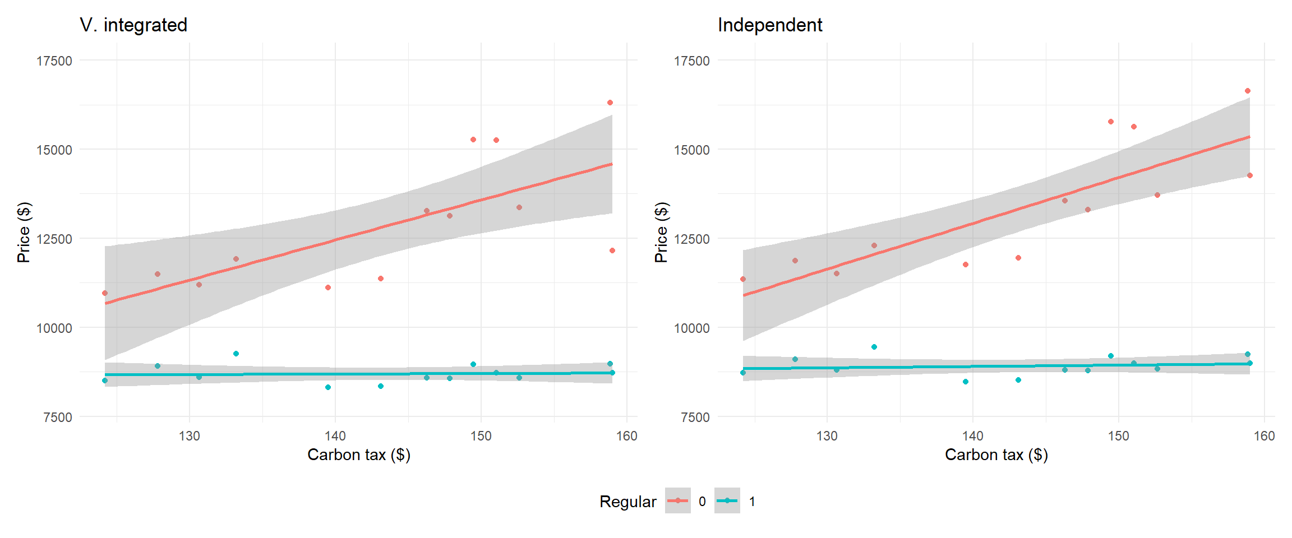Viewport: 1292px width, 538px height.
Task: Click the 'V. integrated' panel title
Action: tap(133, 25)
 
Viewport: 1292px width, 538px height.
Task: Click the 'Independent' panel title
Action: tap(770, 25)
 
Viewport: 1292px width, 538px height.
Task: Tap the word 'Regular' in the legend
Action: tap(627, 502)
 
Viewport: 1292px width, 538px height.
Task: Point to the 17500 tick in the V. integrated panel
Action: tap(54, 61)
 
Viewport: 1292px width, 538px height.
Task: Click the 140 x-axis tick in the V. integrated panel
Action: tap(335, 436)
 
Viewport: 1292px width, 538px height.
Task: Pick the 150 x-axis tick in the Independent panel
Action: tap(1118, 436)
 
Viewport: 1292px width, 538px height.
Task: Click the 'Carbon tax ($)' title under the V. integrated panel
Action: tap(359, 454)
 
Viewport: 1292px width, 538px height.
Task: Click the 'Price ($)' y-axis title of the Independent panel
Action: tap(662, 232)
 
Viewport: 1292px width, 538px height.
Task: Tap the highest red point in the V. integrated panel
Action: tap(610, 103)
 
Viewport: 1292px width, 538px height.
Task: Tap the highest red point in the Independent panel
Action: tap(1248, 91)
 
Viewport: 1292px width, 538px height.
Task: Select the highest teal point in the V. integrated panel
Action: tap(236, 354)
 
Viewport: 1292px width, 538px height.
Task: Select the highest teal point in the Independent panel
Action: tap(874, 347)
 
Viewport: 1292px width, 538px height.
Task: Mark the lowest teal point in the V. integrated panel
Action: tap(328, 387)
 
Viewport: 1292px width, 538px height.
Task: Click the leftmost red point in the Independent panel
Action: tap(743, 279)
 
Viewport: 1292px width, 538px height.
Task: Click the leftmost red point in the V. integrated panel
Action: tap(105, 293)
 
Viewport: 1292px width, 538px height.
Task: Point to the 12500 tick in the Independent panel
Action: tap(692, 239)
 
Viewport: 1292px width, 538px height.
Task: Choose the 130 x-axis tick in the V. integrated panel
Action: tap(190, 436)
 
